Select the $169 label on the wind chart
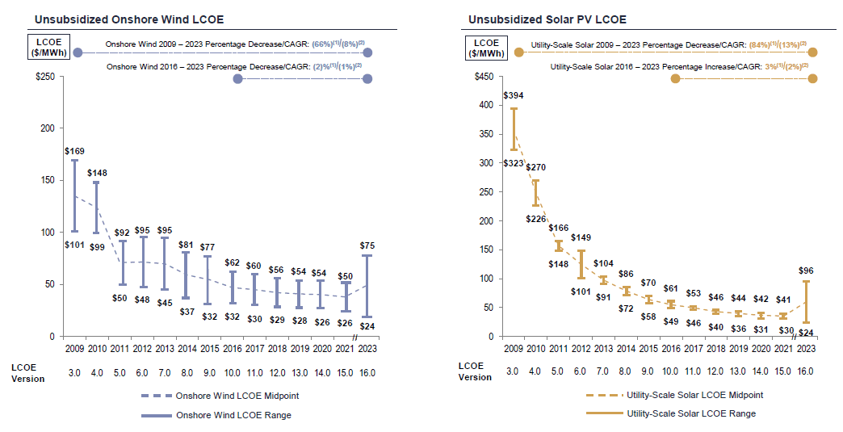pos(74,151)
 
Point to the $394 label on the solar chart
pos(513,96)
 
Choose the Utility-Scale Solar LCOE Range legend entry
pos(691,413)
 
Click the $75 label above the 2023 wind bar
pos(367,245)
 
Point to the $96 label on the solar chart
pos(804,271)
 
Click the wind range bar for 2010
pos(97,208)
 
